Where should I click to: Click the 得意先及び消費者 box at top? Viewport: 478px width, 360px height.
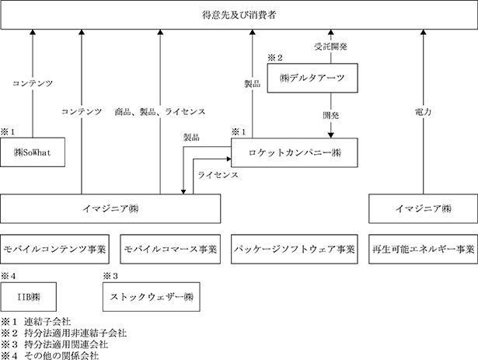(239, 15)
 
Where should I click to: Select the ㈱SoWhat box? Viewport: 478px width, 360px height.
(33, 152)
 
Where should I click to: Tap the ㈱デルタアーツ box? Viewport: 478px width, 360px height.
(312, 78)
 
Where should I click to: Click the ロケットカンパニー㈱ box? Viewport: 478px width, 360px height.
(294, 152)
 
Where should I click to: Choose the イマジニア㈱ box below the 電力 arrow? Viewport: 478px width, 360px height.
(423, 208)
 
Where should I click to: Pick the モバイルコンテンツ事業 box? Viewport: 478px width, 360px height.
(55, 249)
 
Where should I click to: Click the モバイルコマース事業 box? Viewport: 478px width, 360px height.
(170, 249)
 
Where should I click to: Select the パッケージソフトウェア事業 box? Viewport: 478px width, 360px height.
(294, 249)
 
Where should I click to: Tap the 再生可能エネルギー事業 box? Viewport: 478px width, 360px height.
(423, 249)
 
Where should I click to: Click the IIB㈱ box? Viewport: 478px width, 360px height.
(28, 297)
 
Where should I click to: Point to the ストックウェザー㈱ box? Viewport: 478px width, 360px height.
(152, 297)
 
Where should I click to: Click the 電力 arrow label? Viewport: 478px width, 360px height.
(423, 112)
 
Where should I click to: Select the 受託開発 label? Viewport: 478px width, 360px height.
(331, 47)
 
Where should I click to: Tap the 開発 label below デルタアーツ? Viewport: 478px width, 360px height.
(331, 115)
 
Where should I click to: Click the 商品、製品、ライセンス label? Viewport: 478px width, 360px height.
(160, 112)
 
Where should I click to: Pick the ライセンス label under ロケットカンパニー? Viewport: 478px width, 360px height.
(218, 175)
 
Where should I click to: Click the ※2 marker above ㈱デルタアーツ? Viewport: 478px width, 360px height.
(275, 58)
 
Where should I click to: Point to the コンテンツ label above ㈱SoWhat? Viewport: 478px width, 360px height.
(33, 83)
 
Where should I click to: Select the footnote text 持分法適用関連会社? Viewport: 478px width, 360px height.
(66, 344)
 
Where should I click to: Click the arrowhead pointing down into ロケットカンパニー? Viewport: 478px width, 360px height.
(331, 135)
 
